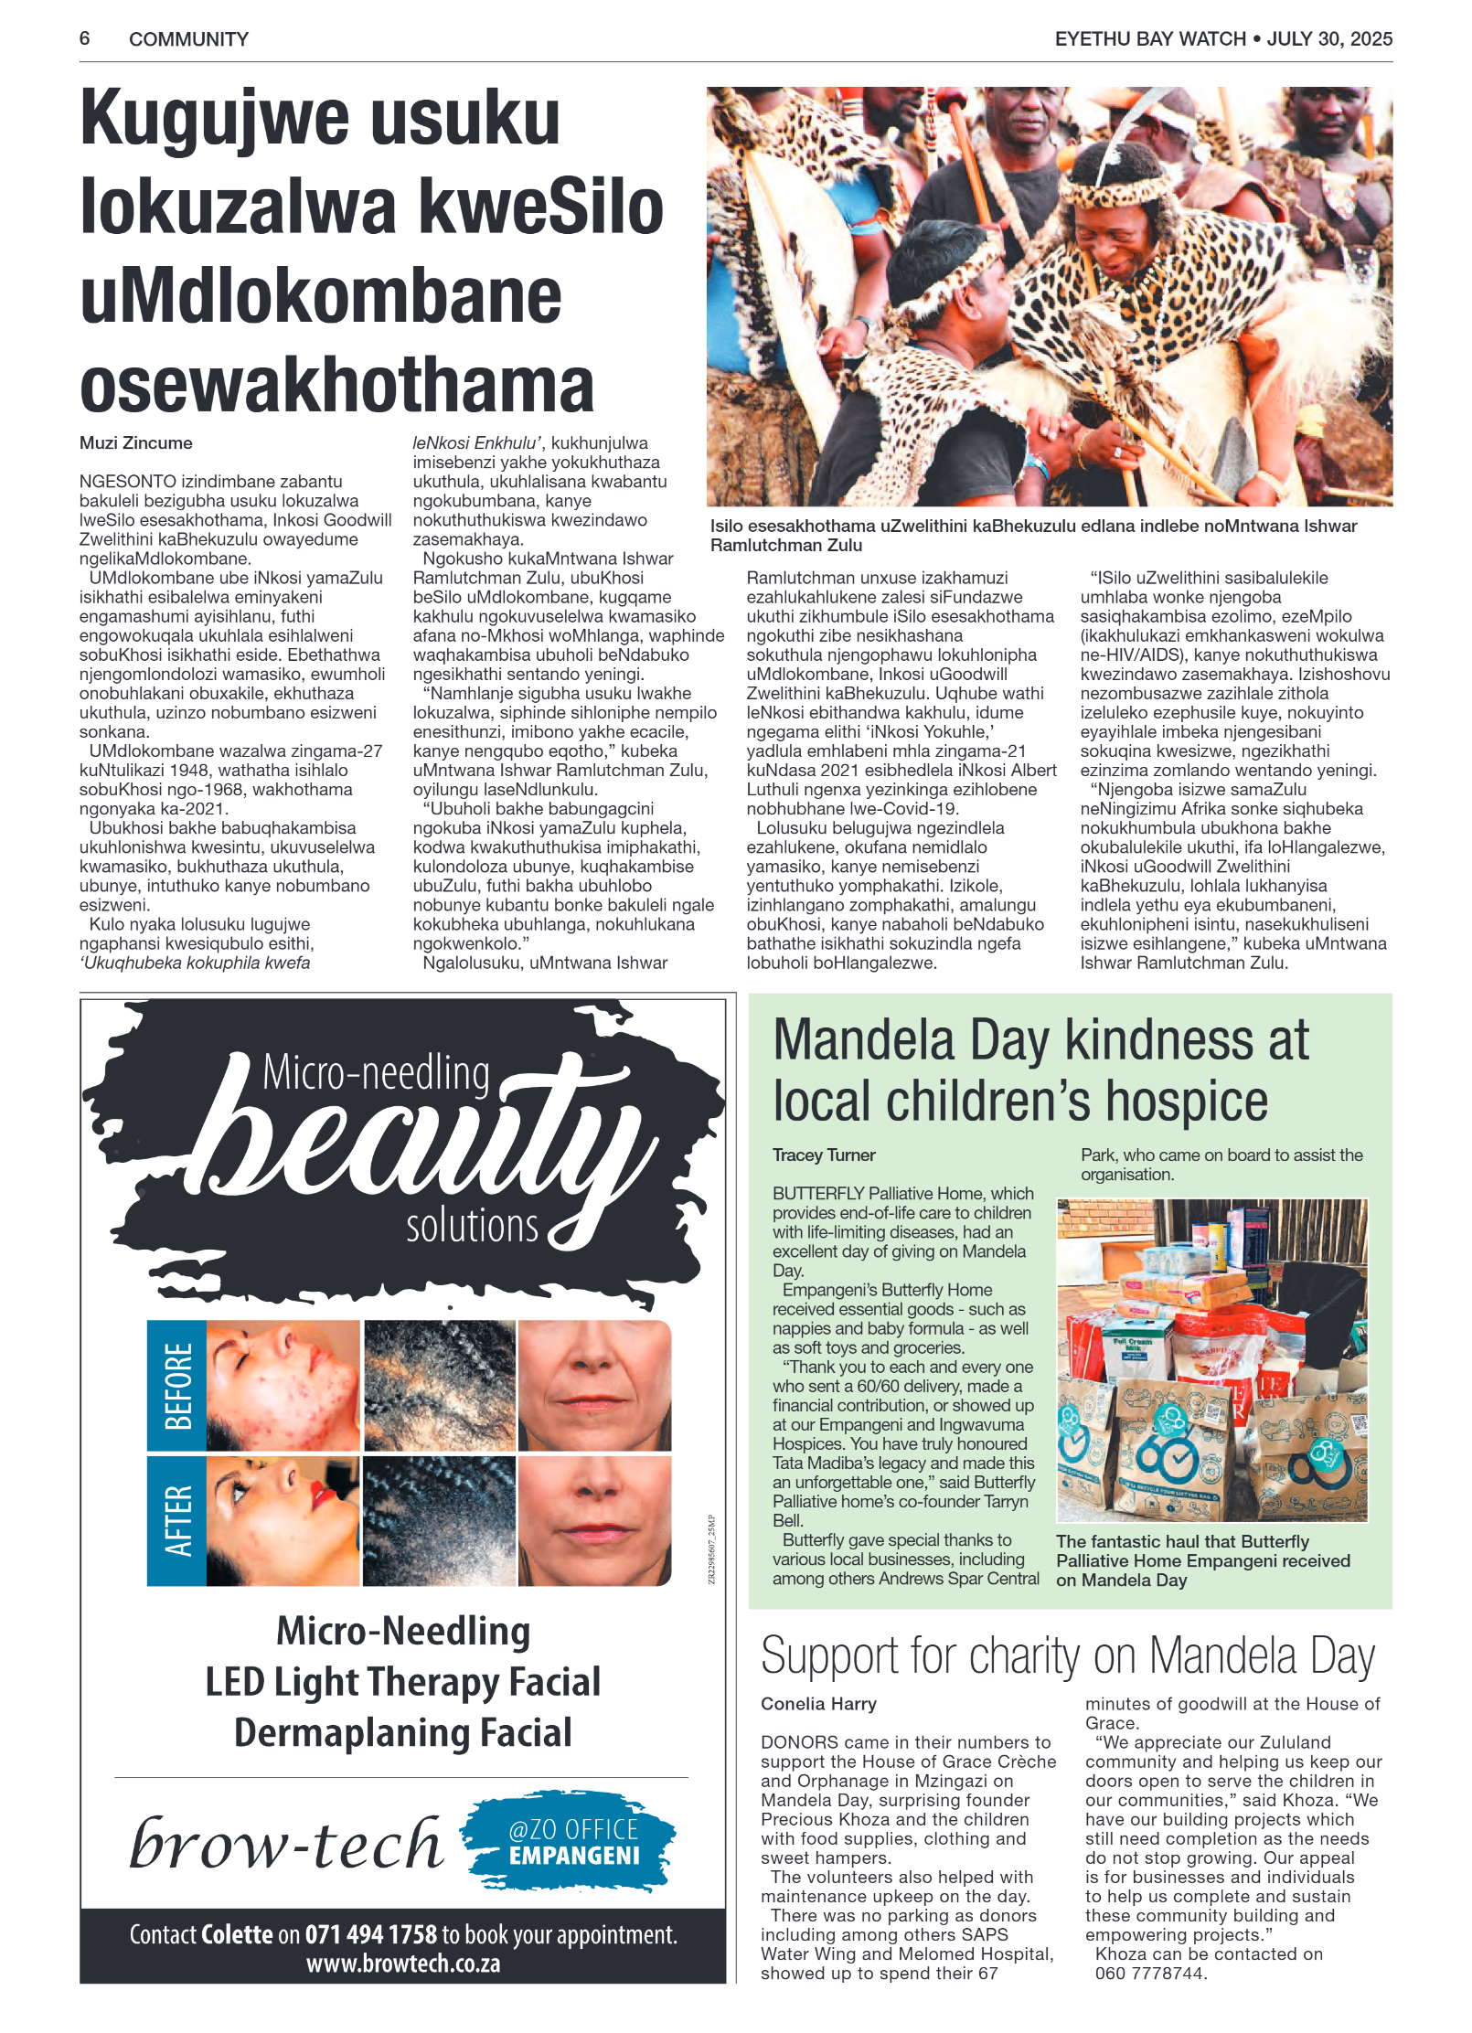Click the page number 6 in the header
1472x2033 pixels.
point(84,38)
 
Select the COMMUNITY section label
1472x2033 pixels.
point(188,39)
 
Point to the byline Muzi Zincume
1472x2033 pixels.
point(135,443)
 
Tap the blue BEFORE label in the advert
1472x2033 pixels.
point(177,1386)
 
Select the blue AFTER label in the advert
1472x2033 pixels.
point(177,1521)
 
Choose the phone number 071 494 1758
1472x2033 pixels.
point(371,1934)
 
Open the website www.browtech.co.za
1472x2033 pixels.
point(403,1964)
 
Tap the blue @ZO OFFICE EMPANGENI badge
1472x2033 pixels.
point(572,1842)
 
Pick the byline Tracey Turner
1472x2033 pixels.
point(824,1155)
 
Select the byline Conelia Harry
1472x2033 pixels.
point(818,1704)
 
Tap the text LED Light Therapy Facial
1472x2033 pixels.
point(403,1682)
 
